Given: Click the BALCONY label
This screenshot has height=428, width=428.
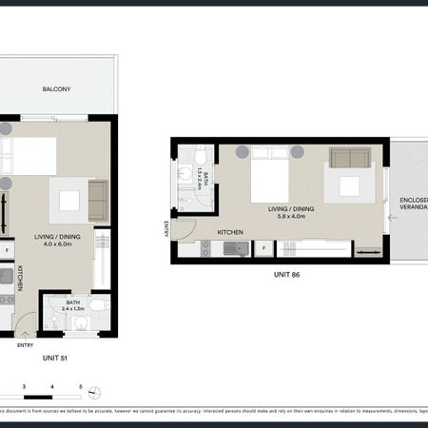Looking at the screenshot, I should [x=56, y=89].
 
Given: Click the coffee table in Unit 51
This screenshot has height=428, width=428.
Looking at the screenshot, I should [x=70, y=200].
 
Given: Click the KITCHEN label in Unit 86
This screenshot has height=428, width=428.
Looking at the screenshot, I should [x=231, y=231].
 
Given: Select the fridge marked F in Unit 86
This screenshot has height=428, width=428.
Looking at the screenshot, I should [x=263, y=249].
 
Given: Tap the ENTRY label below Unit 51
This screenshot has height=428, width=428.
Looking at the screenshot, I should [x=25, y=345].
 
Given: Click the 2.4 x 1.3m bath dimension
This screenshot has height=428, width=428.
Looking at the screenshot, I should [x=72, y=308].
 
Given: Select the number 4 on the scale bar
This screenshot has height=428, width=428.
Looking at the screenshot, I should [x=53, y=386].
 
